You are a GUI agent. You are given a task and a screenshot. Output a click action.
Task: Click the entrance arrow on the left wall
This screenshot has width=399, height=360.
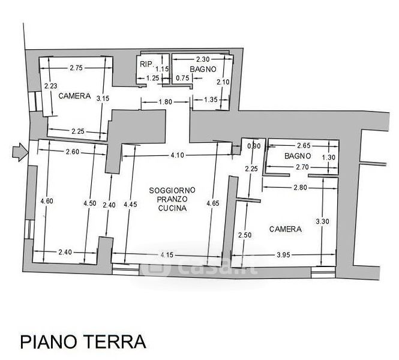[20, 152]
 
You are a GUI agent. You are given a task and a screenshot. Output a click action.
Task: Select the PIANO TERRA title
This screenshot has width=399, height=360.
[83, 341]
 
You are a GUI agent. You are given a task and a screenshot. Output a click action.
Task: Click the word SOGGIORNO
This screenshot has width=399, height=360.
[172, 190]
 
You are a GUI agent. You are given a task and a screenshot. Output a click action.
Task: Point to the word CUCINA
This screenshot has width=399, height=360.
[172, 208]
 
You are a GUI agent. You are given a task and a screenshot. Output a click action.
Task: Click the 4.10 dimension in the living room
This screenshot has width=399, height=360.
[177, 155]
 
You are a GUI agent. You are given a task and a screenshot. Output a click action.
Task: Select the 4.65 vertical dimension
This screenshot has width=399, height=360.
[213, 203]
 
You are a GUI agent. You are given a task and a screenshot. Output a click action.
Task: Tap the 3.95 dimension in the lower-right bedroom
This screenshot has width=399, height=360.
[283, 254]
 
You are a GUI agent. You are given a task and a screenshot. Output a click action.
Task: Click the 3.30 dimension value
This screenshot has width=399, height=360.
[322, 221]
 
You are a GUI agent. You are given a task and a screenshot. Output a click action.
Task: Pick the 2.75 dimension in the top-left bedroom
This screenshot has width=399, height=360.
[76, 68]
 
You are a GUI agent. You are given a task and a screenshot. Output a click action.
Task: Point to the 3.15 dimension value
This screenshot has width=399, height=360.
[103, 98]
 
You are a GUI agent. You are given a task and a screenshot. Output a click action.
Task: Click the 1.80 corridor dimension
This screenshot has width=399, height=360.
[166, 102]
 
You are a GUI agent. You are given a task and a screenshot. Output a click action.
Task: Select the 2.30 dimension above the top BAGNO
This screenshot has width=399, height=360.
[203, 59]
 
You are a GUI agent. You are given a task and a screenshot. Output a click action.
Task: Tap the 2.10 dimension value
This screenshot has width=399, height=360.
[223, 82]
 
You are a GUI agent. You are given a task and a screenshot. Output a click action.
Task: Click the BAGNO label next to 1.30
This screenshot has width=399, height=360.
[298, 156]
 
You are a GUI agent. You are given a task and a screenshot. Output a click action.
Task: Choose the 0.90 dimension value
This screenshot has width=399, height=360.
[254, 146]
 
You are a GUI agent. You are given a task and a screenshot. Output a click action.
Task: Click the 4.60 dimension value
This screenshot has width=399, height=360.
[47, 201]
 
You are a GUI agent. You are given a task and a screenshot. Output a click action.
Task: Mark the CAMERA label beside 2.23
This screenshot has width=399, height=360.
[74, 96]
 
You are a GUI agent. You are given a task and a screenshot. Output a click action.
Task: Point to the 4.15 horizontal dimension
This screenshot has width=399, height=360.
[167, 254]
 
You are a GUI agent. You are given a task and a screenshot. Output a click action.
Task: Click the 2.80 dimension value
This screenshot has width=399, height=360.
[300, 188]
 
